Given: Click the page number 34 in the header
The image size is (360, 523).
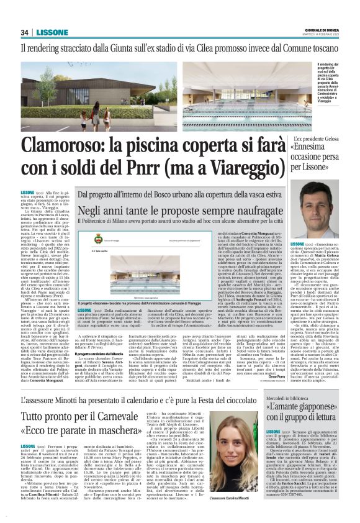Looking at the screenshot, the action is coord(25,32).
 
